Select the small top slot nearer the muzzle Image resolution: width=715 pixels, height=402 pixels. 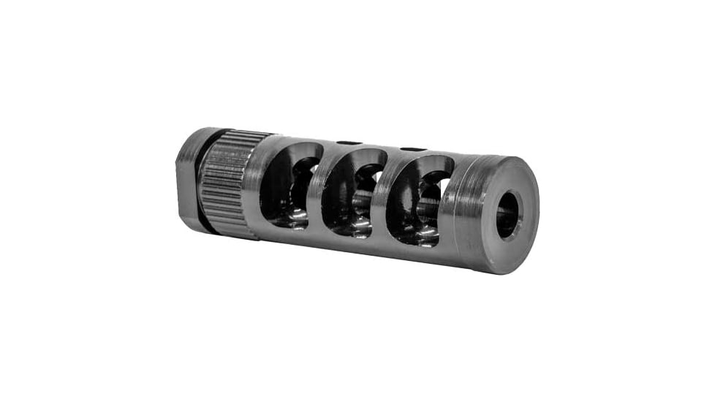tap(414, 150)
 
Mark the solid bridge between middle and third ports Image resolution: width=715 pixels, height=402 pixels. tap(382, 196)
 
